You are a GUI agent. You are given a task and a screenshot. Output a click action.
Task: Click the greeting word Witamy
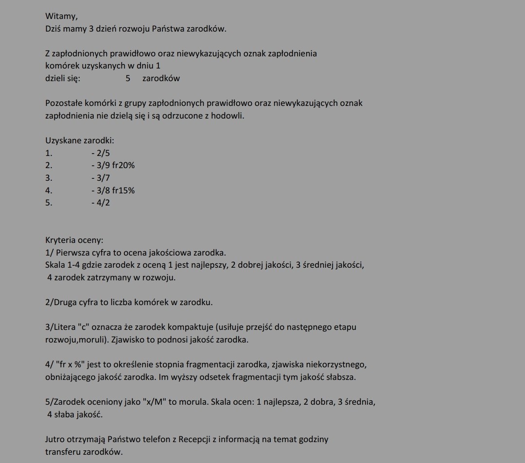(61, 16)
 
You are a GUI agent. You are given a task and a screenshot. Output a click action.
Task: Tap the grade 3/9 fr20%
(113, 165)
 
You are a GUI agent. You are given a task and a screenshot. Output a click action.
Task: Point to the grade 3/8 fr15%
(113, 190)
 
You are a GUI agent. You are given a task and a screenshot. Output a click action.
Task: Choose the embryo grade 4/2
(101, 203)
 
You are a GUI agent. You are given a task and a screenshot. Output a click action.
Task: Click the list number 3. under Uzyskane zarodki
(49, 178)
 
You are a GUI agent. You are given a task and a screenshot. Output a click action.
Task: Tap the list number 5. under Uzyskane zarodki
(49, 203)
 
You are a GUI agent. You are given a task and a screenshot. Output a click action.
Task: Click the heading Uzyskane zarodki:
(80, 140)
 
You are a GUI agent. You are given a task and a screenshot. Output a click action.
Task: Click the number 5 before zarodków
(128, 78)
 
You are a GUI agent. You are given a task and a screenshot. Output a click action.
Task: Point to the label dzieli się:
(63, 78)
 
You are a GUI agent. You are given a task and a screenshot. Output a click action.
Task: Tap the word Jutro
(56, 440)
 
